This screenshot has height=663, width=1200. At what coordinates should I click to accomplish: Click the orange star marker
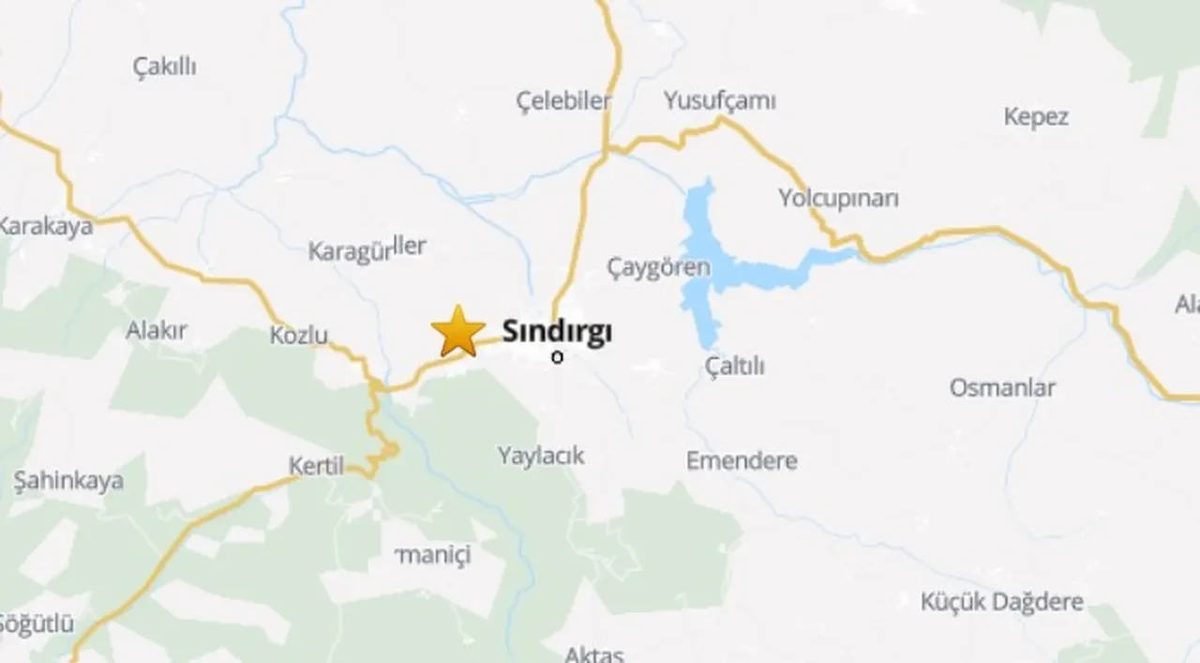point(458,331)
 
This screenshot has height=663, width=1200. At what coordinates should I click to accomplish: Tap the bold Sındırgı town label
point(557,331)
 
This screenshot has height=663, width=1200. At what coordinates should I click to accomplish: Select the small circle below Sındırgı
point(558,357)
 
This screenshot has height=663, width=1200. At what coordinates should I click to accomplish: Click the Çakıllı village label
point(165,66)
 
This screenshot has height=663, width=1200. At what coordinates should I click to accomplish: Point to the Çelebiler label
point(563,100)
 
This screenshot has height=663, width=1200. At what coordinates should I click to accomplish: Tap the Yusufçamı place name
point(719,100)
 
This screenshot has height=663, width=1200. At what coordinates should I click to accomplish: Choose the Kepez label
point(1035,117)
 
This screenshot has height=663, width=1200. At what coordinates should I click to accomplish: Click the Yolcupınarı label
point(838,199)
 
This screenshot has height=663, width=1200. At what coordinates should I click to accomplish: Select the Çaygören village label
point(658,267)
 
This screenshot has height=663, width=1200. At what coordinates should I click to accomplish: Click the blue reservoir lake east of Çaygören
point(712,267)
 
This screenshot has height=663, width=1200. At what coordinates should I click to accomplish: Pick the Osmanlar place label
point(1002,387)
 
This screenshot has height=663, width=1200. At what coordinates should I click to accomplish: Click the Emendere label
point(742,460)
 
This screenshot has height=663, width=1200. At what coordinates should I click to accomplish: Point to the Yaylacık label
point(541,456)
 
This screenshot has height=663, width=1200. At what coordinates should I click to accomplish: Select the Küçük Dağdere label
point(1001,601)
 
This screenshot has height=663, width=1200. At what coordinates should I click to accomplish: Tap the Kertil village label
point(316,465)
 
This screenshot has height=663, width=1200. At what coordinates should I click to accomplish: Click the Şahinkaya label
point(68,481)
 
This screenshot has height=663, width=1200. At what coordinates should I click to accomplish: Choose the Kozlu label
point(298,335)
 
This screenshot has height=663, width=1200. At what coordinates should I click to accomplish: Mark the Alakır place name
point(157,330)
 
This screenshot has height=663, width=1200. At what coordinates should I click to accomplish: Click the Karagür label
point(349,252)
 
